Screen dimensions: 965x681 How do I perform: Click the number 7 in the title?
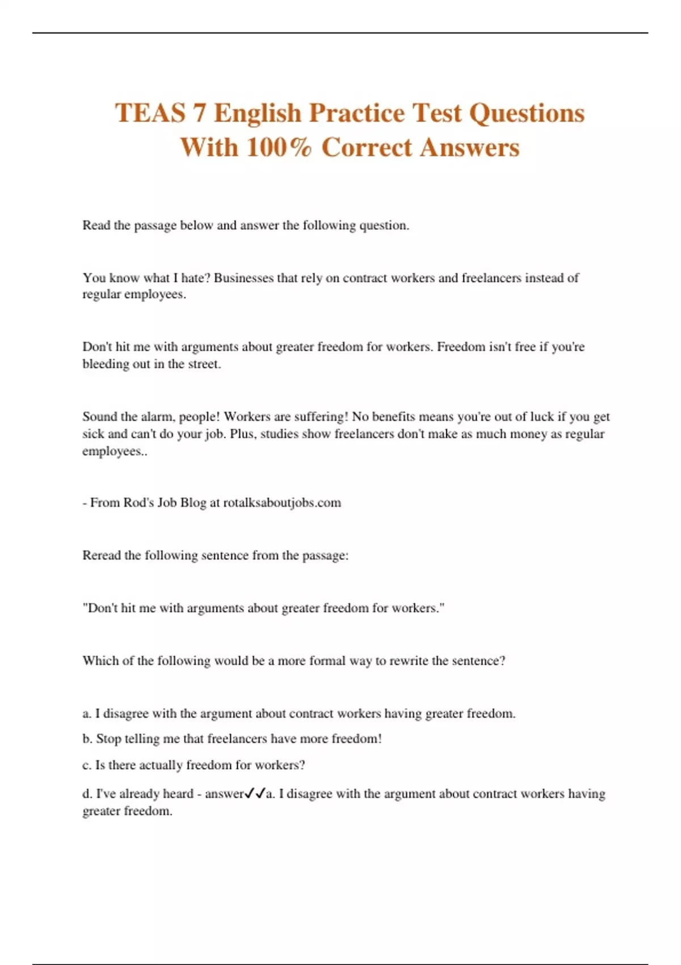199,113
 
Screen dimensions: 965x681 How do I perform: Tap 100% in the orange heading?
279,148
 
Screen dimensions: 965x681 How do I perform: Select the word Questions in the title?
527,113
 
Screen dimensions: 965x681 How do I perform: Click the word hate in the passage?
196,278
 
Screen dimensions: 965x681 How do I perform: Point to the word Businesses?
243,278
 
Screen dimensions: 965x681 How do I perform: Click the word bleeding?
106,364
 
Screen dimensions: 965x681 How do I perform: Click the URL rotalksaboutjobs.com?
282,503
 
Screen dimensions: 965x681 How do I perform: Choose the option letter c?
86,765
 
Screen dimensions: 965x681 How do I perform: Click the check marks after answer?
255,794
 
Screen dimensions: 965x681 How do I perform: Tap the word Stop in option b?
108,739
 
